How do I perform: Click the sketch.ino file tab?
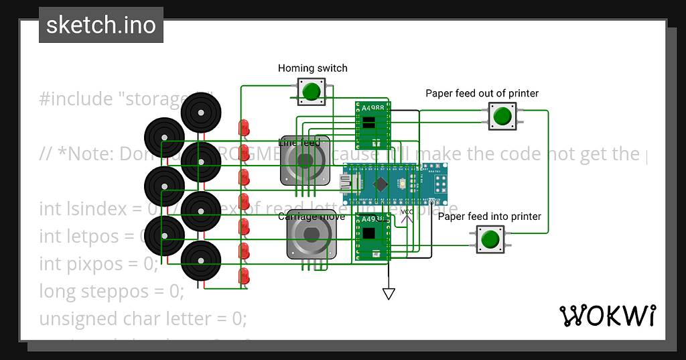tap(100, 25)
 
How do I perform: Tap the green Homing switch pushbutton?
tap(310, 91)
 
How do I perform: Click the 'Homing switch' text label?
tap(312, 68)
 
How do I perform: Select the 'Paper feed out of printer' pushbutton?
tap(501, 116)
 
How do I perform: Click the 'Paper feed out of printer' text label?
tap(482, 93)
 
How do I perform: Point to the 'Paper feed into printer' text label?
tap(489, 216)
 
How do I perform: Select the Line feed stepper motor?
tap(305, 162)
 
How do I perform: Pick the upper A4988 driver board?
tap(372, 125)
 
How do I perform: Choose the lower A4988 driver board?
tap(372, 237)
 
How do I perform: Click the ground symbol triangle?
tap(388, 293)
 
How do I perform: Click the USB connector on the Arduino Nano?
tap(348, 183)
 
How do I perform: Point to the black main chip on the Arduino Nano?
tap(381, 184)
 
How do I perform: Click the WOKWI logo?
tap(608, 314)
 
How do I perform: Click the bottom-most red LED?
tap(245, 276)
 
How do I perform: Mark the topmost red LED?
tap(245, 127)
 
